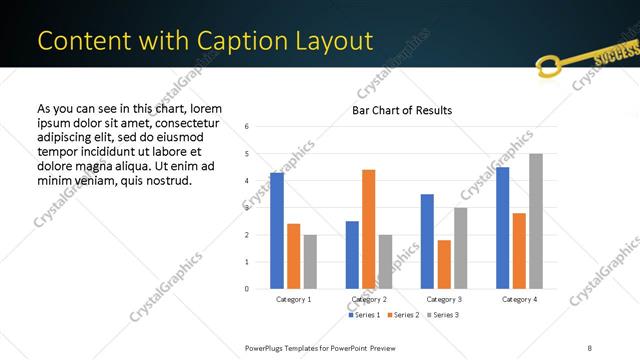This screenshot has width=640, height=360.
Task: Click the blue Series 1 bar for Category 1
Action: pyautogui.click(x=277, y=231)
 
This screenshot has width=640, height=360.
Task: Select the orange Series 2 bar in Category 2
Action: pyautogui.click(x=369, y=229)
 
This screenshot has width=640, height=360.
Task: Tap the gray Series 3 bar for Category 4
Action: pyautogui.click(x=536, y=221)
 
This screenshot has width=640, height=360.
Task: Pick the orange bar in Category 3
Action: pyautogui.click(x=444, y=265)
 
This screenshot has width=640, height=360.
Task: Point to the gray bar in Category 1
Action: pyautogui.click(x=310, y=262)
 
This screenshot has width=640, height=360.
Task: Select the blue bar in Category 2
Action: pyautogui.click(x=352, y=255)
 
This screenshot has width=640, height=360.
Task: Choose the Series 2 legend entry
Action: pyautogui.click(x=403, y=315)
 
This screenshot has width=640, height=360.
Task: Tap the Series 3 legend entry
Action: pyautogui.click(x=442, y=315)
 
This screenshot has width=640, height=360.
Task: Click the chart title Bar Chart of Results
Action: pyautogui.click(x=402, y=110)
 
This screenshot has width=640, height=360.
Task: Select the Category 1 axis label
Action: pyautogui.click(x=294, y=299)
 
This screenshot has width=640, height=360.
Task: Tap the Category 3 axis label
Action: pyautogui.click(x=444, y=299)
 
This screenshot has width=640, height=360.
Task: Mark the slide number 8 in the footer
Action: pyautogui.click(x=589, y=347)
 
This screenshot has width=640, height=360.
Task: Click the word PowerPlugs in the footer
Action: pyautogui.click(x=269, y=347)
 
